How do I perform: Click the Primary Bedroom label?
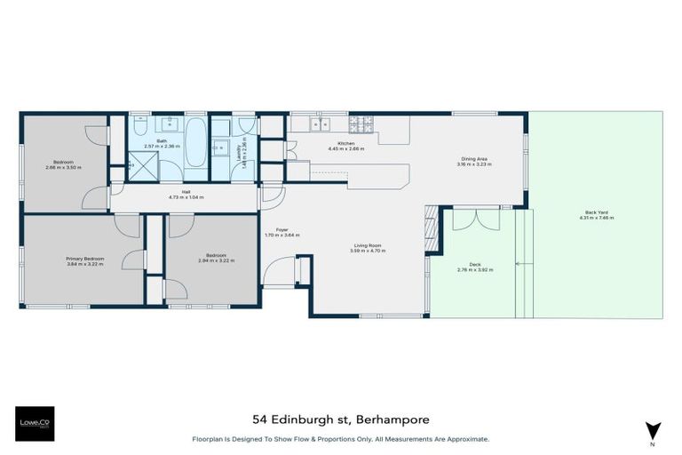pos(84,259)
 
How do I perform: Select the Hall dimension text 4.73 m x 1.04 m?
pos(186,196)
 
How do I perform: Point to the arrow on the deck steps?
pos(526,264)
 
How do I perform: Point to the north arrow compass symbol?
pos(653,430)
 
